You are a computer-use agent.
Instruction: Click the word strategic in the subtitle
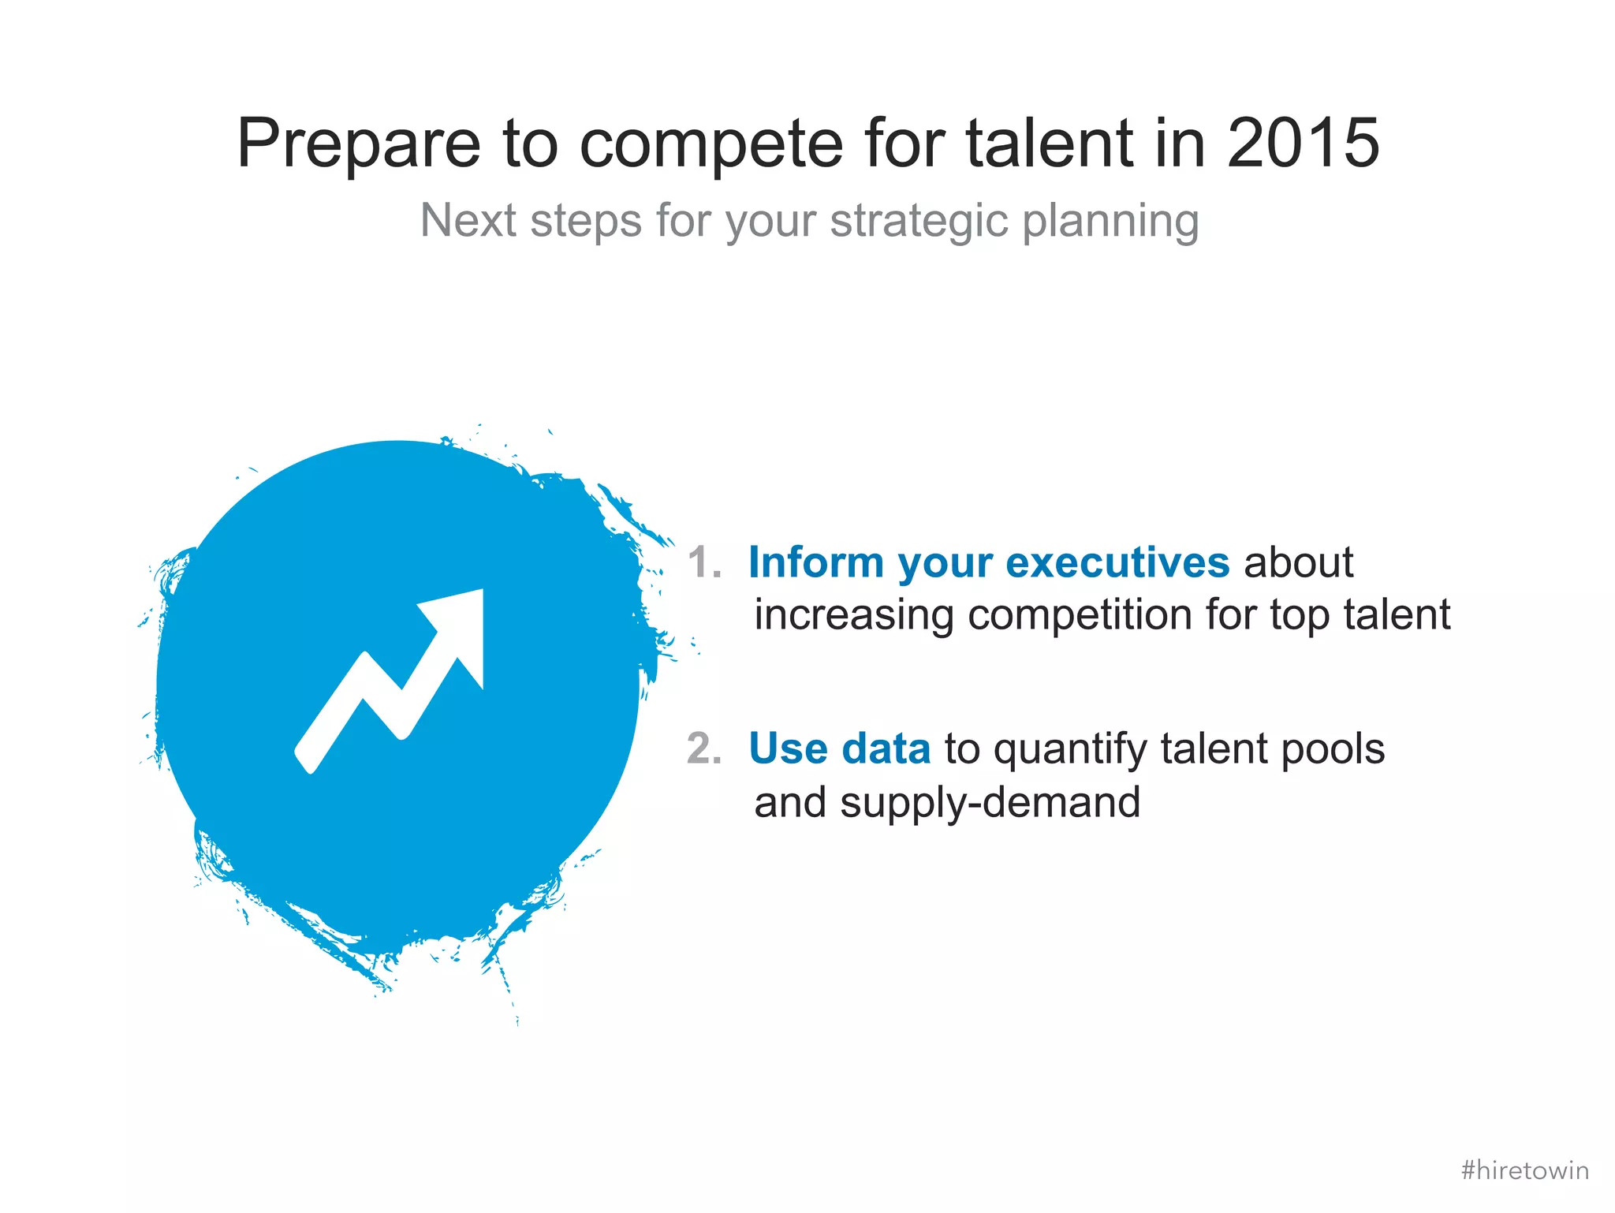click(919, 222)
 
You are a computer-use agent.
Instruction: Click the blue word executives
click(1117, 563)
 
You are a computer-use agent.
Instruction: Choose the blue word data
click(886, 748)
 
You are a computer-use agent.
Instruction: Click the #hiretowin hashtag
click(1524, 1170)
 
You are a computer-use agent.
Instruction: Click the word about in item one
click(1298, 563)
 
